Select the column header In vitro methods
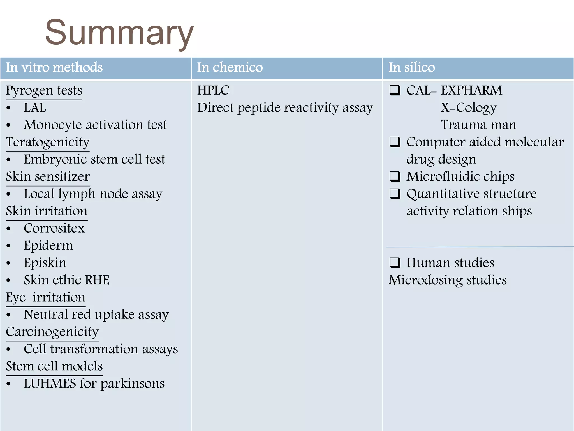(54, 67)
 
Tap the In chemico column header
(230, 67)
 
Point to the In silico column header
(411, 67)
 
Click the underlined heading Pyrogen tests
(44, 91)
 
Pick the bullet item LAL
(35, 108)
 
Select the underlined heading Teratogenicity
(48, 142)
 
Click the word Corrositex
(54, 228)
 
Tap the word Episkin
(45, 263)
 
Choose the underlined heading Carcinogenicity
(52, 332)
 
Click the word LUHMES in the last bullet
(50, 384)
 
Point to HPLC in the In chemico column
(213, 90)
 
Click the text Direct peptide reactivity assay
(285, 108)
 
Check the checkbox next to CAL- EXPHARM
(395, 90)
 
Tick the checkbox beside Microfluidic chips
(395, 176)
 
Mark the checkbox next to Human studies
(395, 263)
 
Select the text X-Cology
(468, 108)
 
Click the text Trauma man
(478, 125)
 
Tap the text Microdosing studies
(448, 280)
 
